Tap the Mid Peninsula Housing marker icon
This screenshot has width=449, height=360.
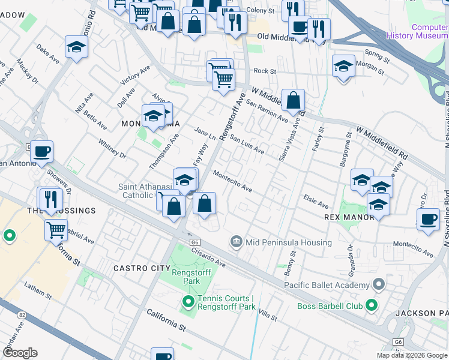click(x=237, y=242)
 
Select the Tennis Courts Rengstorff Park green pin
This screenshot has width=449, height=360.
click(x=188, y=301)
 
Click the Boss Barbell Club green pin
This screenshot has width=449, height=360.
click(x=372, y=306)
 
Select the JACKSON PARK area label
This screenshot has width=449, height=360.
click(x=422, y=313)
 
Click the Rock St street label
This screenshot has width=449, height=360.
click(x=265, y=71)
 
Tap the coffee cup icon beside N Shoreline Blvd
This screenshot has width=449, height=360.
click(x=428, y=219)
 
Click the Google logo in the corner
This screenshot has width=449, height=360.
click(x=20, y=353)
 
